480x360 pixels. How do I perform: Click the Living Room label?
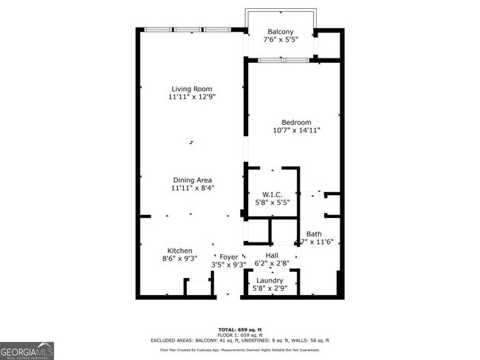(191, 89)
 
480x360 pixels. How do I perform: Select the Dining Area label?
(192, 180)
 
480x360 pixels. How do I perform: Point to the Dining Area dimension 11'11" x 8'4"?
(192, 189)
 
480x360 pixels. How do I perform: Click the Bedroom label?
(296, 122)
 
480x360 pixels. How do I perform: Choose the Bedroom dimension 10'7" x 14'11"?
(296, 131)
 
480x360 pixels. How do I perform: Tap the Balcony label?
(281, 32)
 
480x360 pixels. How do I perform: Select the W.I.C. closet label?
(272, 195)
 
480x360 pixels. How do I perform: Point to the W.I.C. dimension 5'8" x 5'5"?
(272, 203)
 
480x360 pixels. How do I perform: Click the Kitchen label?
(179, 251)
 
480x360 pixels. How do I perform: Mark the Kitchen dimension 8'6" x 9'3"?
(179, 259)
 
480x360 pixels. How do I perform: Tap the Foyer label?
(228, 257)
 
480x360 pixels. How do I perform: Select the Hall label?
(272, 255)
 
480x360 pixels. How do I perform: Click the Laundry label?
(270, 281)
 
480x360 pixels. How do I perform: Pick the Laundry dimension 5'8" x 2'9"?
(270, 289)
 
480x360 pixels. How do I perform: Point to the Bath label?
(314, 234)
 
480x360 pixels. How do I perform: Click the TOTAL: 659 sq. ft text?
(240, 329)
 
